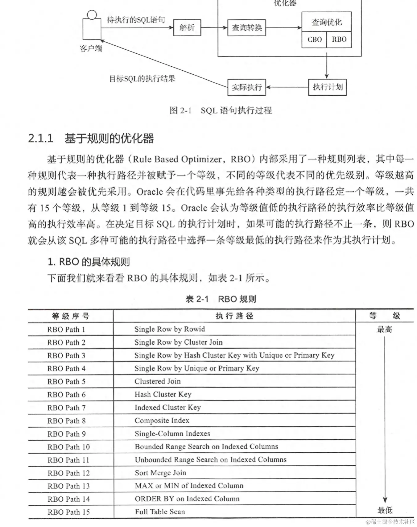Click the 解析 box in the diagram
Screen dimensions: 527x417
pos(187,28)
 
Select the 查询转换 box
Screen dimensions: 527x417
pos(246,28)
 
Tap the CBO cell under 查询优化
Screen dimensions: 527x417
pos(314,39)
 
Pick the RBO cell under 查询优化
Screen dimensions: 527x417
pos(339,39)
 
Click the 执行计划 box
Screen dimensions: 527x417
pos(328,87)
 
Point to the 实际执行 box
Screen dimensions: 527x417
pos(246,87)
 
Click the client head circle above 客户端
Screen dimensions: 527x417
pos(92,15)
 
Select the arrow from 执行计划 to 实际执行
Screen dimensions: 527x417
pos(287,87)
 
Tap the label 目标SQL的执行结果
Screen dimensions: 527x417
pos(142,79)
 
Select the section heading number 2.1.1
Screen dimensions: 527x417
pos(41,139)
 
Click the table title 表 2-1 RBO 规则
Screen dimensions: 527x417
pos(221,299)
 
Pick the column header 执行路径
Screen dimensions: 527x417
pos(234,316)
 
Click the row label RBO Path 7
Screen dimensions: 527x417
pos(66,408)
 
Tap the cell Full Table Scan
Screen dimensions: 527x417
pos(160,512)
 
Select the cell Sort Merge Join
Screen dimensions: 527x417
pos(160,473)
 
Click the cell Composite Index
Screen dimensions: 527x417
pos(162,421)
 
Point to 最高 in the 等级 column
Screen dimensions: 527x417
pos(385,330)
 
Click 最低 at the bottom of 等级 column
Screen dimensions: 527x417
pos(385,510)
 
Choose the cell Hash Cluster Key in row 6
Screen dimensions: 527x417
pos(163,395)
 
